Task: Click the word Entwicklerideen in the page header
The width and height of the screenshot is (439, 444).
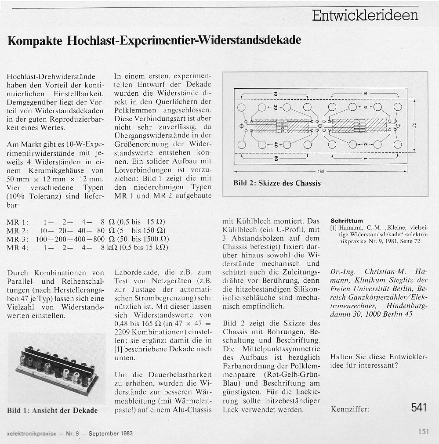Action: pos(365,15)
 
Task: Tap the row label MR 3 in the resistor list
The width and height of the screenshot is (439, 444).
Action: pos(18,239)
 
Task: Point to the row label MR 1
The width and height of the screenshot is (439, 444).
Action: pos(18,222)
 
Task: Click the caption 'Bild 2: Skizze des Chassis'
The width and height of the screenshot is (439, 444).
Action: pos(277,183)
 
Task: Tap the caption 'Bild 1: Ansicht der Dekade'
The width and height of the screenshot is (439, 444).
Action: pos(52,411)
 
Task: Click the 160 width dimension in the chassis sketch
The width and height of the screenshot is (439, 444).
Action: pos(320,171)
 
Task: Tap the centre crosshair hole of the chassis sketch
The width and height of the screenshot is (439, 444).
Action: pos(320,126)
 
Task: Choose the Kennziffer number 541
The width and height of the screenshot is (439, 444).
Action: pos(419,408)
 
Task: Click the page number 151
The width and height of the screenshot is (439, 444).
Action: pos(423,432)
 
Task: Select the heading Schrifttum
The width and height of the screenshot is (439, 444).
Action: pos(347,220)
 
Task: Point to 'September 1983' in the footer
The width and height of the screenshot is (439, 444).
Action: pos(110,433)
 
